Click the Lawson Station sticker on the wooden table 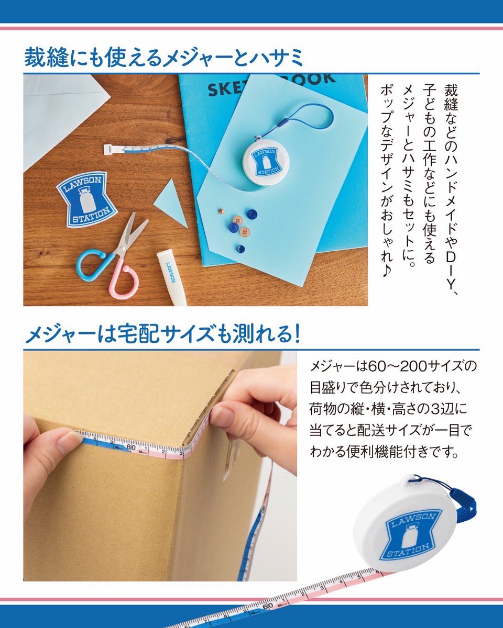tap(86, 199)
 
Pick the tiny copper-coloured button tap(221, 211)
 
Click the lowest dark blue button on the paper tap(240, 249)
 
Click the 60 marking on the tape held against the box tap(131, 447)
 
